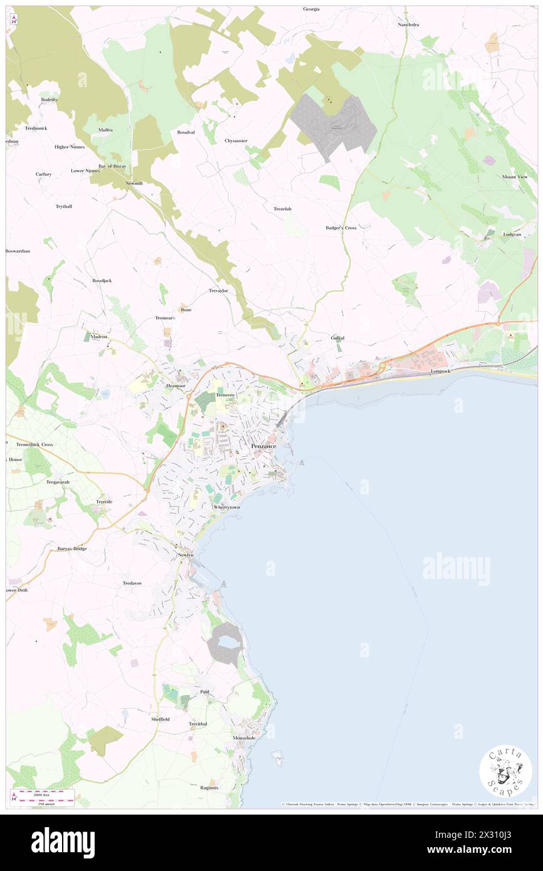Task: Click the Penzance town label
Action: point(268,446)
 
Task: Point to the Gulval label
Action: point(337,338)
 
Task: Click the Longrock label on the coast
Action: point(441,371)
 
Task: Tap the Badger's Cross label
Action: point(340,227)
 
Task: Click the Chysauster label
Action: point(236,140)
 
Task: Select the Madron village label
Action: point(99,336)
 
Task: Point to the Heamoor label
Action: point(176,386)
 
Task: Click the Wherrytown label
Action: point(226,507)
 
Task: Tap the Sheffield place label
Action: point(160,719)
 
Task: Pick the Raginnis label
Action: point(209,788)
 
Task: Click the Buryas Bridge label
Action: point(72,548)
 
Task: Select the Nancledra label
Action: point(408,24)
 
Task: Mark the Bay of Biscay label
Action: point(112,165)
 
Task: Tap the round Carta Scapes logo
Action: point(505,771)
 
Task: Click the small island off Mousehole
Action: point(277,754)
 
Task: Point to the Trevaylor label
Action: point(221,291)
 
